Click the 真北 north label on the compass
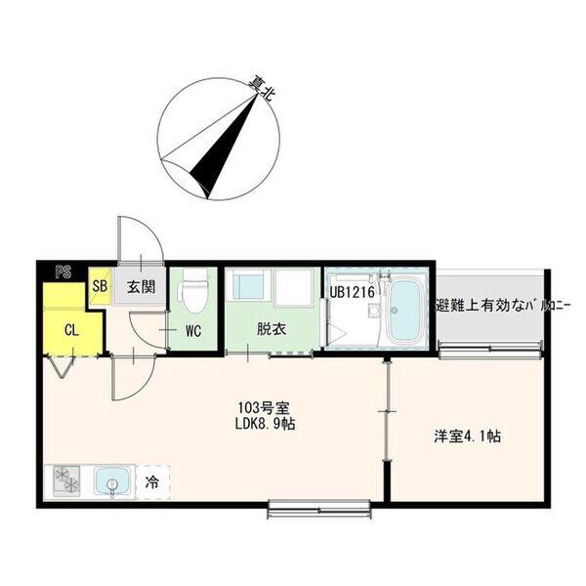click(263, 88)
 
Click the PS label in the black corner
click(63, 272)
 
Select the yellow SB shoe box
click(100, 286)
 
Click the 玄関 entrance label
click(141, 286)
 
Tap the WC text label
click(193, 331)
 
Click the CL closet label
click(71, 330)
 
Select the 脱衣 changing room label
click(272, 329)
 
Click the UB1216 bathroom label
click(352, 292)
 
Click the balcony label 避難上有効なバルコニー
click(502, 306)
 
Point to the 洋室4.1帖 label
click(467, 437)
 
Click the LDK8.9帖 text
click(265, 424)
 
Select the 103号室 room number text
click(264, 407)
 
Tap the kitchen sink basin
click(112, 482)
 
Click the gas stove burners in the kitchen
click(67, 481)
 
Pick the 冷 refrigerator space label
click(152, 482)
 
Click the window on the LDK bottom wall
click(320, 509)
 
